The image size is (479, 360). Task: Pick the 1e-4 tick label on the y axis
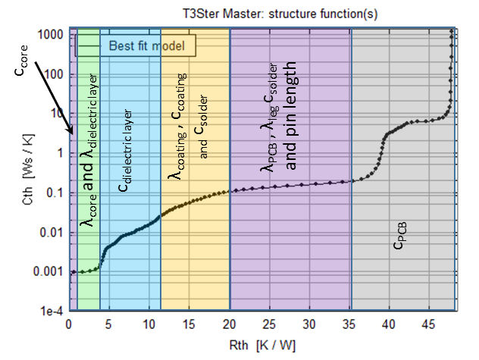[x=50, y=311]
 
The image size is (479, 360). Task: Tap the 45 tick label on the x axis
[x=429, y=325]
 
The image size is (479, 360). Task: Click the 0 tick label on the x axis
[x=69, y=325]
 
